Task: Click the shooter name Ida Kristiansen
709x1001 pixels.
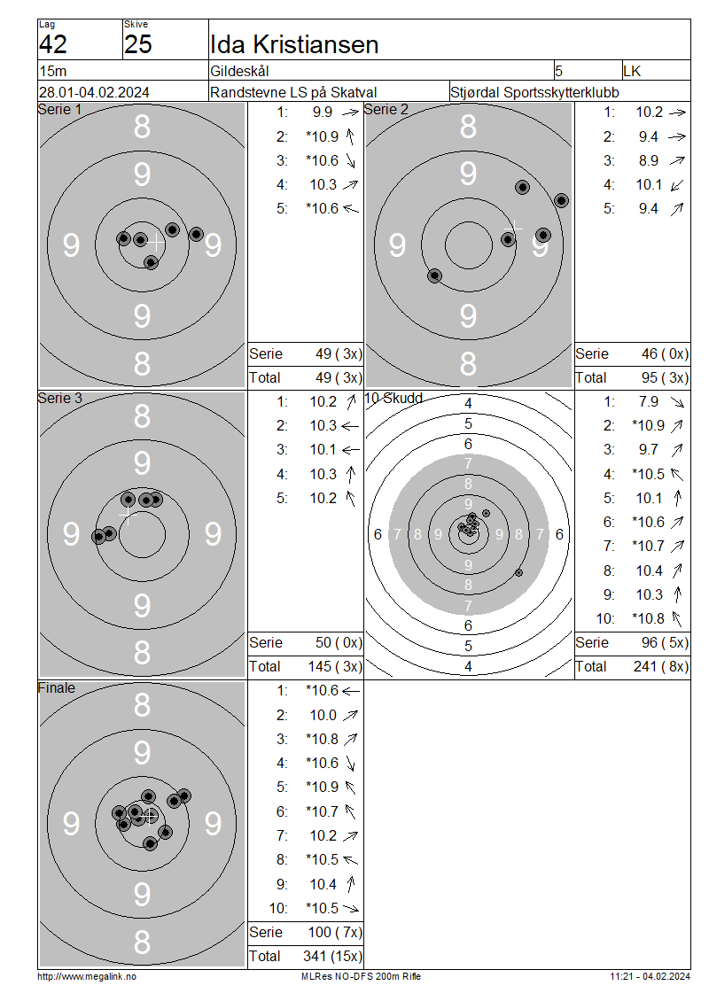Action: (294, 44)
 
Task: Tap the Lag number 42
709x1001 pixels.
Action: (53, 44)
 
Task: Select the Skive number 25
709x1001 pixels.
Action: (138, 44)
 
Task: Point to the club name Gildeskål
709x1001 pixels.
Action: (239, 71)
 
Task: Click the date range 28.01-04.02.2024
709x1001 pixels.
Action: (94, 92)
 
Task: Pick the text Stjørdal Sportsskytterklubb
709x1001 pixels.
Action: (534, 92)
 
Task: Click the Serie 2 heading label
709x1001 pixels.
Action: (386, 109)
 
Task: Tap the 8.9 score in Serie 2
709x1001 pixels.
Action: (649, 161)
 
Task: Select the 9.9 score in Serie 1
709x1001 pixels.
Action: (322, 113)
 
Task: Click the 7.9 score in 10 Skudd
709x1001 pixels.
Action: (649, 401)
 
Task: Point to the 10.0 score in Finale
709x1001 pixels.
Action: (323, 715)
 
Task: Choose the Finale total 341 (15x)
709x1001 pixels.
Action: (332, 956)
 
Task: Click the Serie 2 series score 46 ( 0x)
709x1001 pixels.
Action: (665, 353)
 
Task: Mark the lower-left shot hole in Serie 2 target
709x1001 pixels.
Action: (434, 275)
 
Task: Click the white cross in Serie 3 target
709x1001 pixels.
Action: (128, 515)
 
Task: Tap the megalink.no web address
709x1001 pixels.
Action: (87, 976)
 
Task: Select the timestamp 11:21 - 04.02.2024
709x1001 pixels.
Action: (650, 976)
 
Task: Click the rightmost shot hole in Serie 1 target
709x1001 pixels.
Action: (196, 234)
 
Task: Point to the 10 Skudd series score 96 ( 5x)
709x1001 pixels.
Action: (665, 642)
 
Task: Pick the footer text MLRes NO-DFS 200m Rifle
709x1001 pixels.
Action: (361, 976)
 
